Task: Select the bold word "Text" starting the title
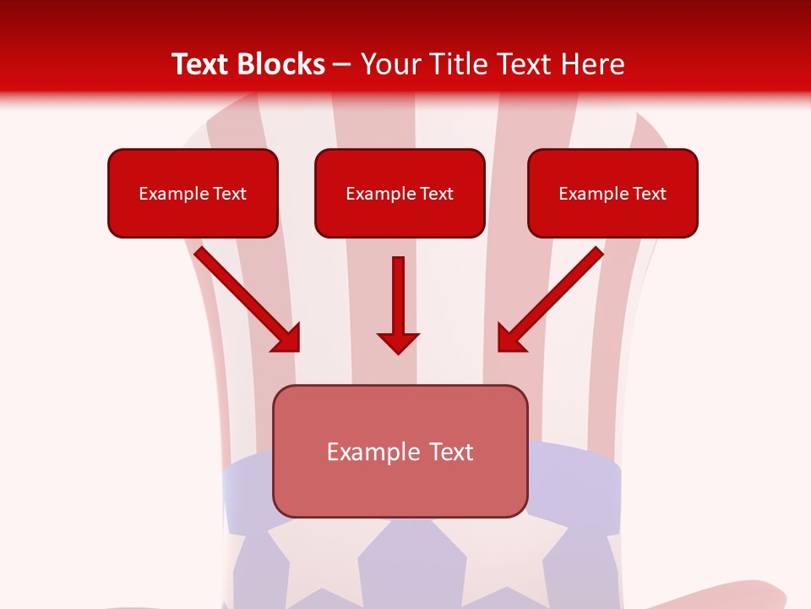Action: pos(204,64)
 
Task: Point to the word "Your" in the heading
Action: pos(390,64)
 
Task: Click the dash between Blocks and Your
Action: pos(342,65)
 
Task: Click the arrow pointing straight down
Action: pos(398,300)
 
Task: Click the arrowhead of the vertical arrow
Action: pos(398,342)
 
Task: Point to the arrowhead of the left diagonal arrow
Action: pos(286,337)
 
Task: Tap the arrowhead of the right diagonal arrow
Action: pos(511,337)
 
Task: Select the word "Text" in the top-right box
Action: pos(649,194)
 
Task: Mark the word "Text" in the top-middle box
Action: pos(436,194)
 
